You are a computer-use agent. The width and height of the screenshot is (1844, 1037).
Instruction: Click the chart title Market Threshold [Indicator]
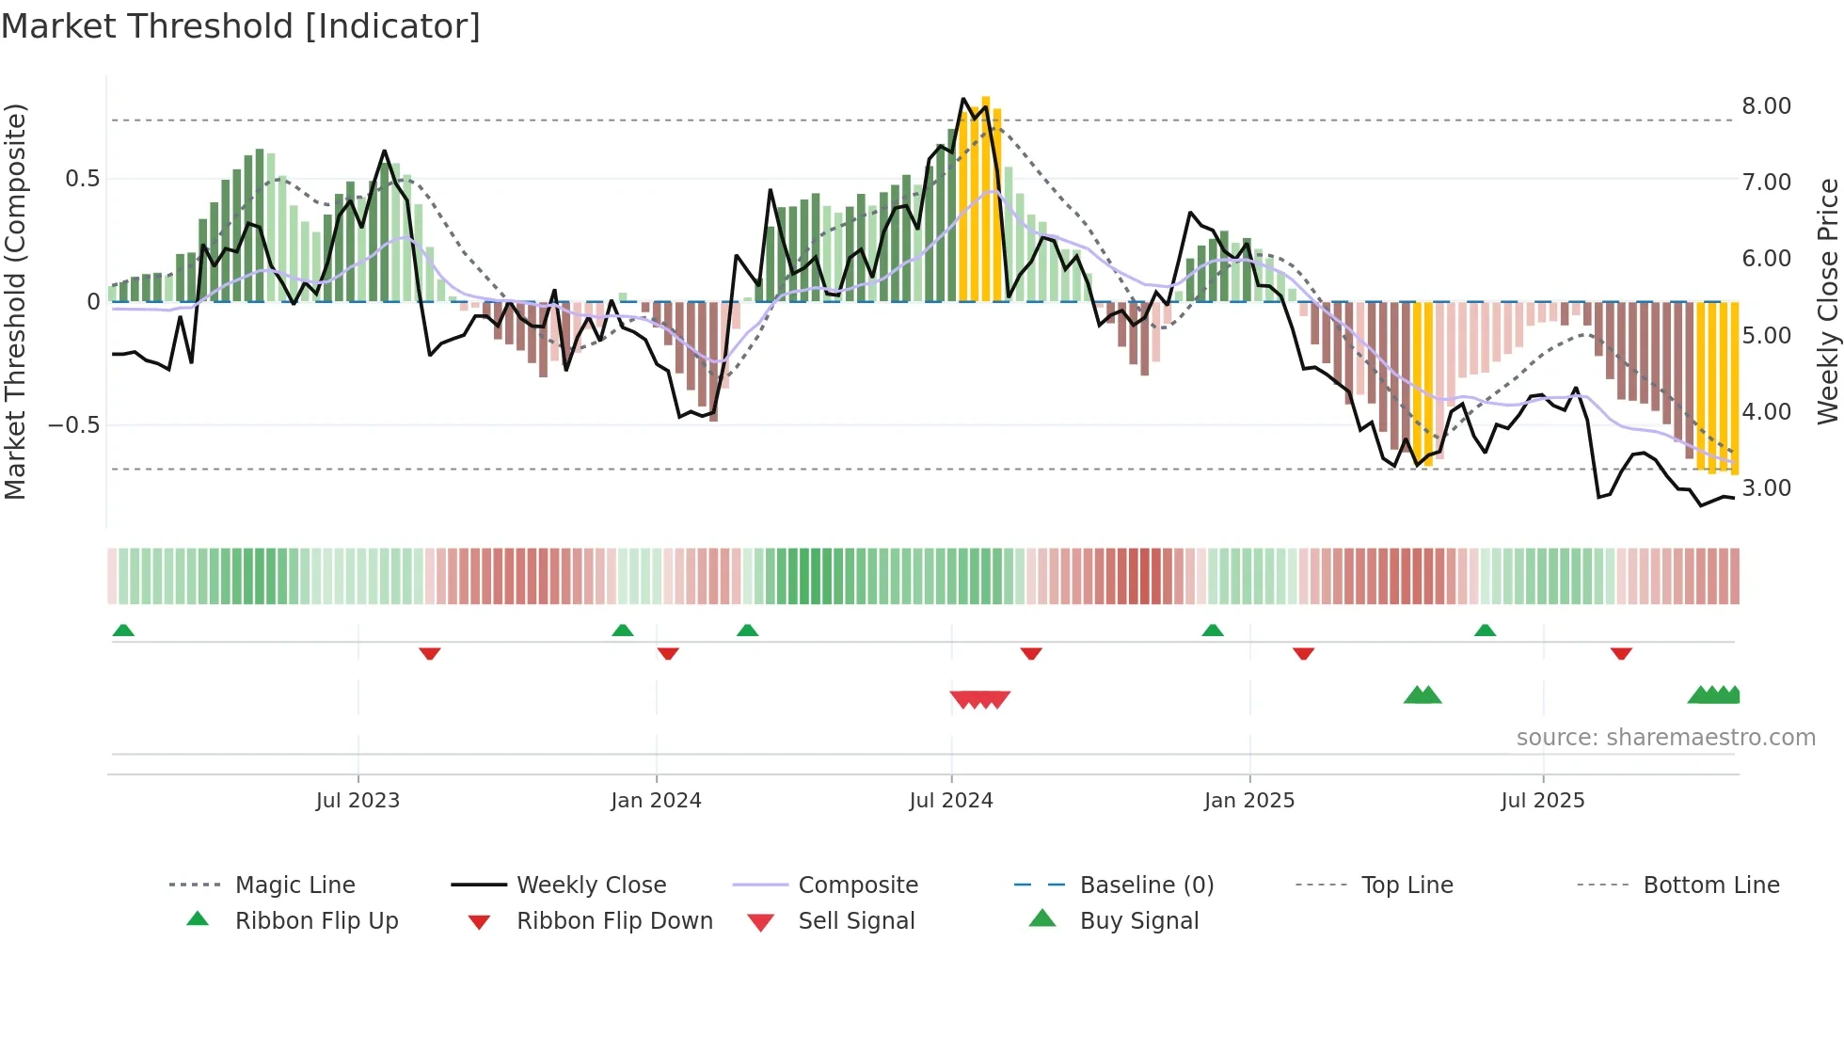coord(241,26)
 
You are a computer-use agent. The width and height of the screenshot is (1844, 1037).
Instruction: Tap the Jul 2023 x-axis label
coord(358,801)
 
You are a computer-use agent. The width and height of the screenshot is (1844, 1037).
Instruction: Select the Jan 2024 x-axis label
coord(656,801)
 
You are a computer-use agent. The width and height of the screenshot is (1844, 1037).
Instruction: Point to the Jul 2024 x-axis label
coord(951,801)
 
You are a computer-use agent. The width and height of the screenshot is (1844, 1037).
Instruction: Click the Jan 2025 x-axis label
coord(1249,801)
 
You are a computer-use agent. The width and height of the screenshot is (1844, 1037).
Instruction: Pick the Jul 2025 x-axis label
coord(1543,801)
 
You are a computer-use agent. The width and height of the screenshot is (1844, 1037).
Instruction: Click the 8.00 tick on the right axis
coord(1766,106)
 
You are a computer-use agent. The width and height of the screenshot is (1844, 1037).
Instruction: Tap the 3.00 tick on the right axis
coord(1766,488)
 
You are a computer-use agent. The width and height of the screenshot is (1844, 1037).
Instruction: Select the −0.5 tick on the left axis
coord(74,425)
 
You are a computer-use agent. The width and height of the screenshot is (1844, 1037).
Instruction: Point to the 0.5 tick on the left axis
coord(82,179)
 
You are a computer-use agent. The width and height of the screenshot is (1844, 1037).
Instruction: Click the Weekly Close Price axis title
coord(1827,301)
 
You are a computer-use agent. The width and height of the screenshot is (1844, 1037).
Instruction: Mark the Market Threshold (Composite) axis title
coord(15,301)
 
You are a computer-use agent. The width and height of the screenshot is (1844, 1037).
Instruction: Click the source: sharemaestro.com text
coord(1665,738)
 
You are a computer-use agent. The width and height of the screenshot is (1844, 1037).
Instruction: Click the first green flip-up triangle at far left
coord(123,630)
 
